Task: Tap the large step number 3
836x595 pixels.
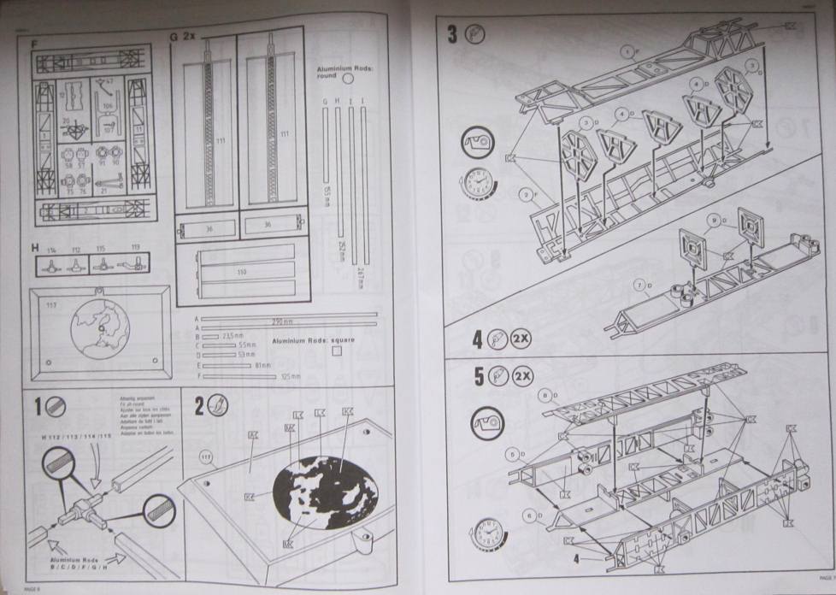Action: pyautogui.click(x=452, y=34)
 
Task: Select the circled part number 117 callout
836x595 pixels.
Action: pyautogui.click(x=206, y=454)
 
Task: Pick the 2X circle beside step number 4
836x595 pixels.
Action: pyautogui.click(x=521, y=340)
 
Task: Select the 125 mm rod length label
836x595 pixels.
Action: pyautogui.click(x=291, y=376)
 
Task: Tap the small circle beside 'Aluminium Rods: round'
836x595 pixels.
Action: pyautogui.click(x=347, y=78)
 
